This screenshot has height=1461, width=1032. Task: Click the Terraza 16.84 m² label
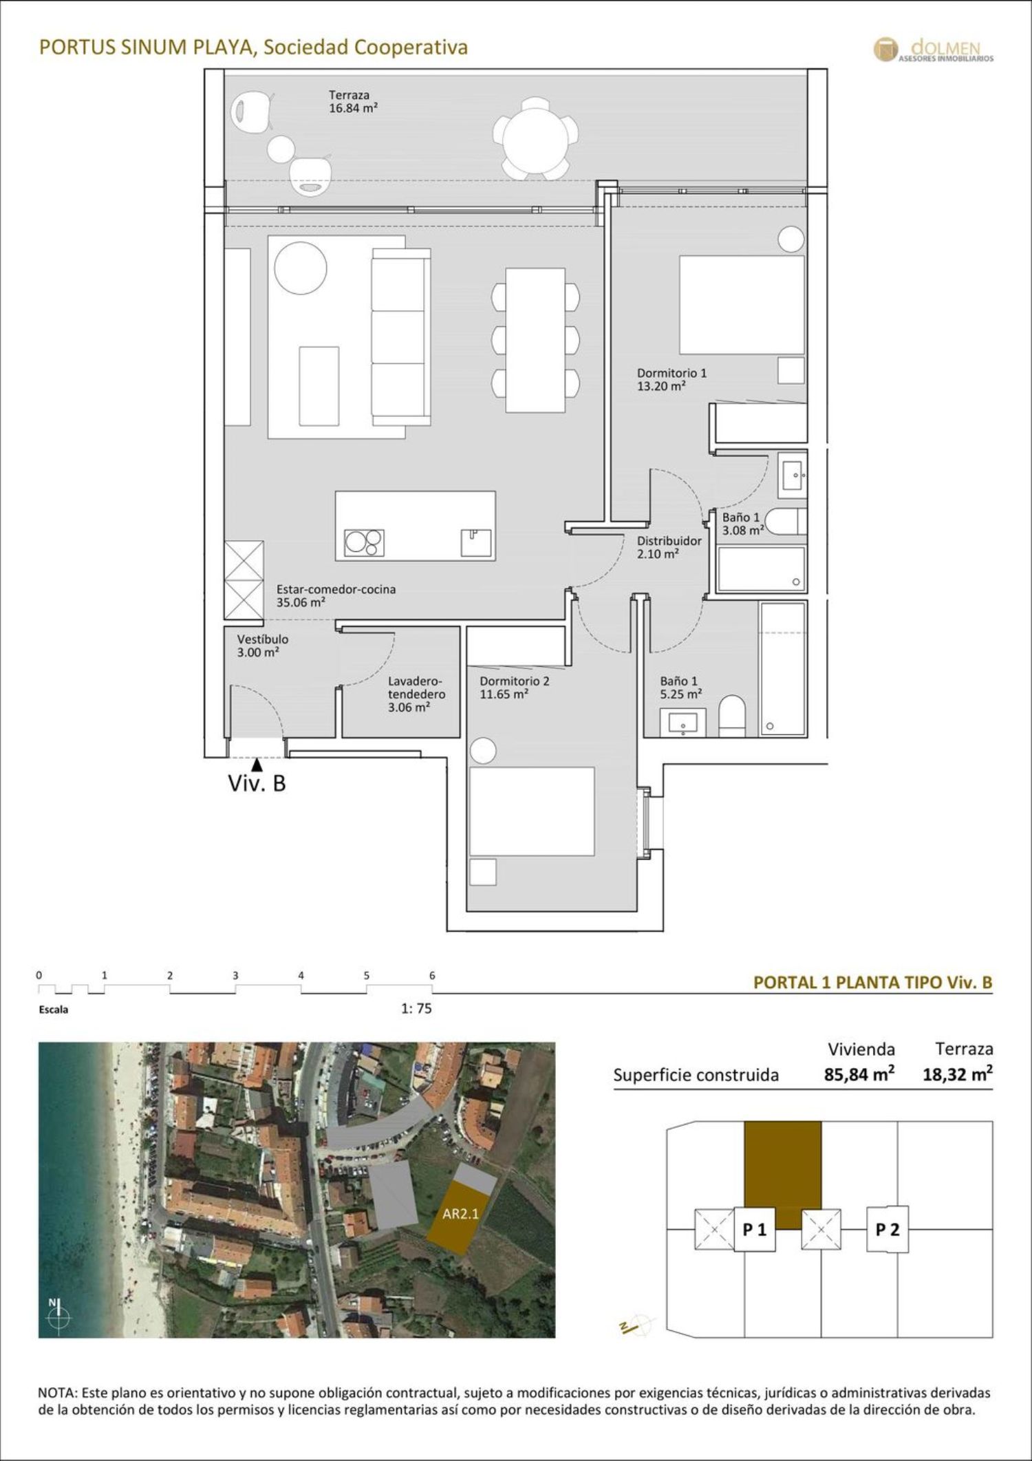click(x=353, y=101)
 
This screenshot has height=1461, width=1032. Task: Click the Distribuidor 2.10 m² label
click(x=669, y=547)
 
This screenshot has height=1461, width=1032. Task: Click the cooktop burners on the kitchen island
click(x=365, y=543)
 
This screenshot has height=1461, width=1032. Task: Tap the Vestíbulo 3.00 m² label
click(x=263, y=646)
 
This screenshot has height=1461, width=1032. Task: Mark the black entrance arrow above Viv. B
click(x=257, y=764)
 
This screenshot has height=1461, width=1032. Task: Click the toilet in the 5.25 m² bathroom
click(x=732, y=716)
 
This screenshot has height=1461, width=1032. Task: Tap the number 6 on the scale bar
click(x=432, y=975)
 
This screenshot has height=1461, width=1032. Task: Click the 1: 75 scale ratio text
click(x=416, y=1009)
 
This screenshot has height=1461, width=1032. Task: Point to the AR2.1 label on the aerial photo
click(x=460, y=1213)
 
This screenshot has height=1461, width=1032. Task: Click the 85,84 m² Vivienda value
click(x=860, y=1074)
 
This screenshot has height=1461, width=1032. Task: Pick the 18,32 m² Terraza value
click(x=958, y=1074)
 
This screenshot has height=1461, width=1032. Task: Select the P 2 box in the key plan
click(x=888, y=1229)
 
